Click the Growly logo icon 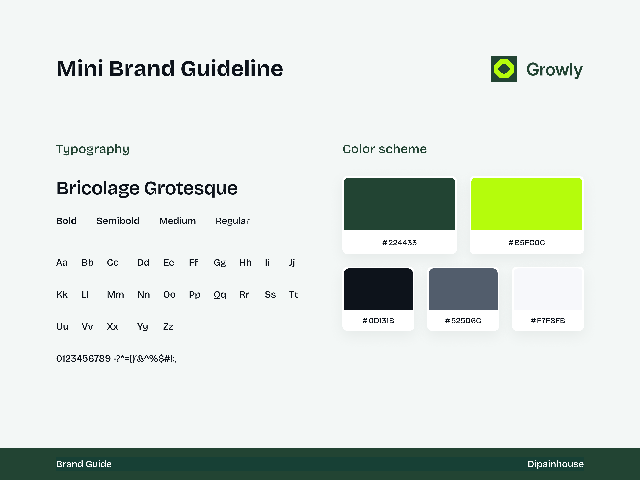point(504,69)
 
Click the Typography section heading point(93,149)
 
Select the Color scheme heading point(385,149)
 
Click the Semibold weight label point(118,221)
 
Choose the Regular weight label point(232,221)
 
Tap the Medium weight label point(177,221)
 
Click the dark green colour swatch point(399,204)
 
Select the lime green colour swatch point(527,204)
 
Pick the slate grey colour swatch point(463,289)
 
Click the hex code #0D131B point(378,321)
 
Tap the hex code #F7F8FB point(548,321)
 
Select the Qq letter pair point(220,295)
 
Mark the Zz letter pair point(168,327)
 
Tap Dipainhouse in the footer point(556,464)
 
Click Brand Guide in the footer point(84,464)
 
